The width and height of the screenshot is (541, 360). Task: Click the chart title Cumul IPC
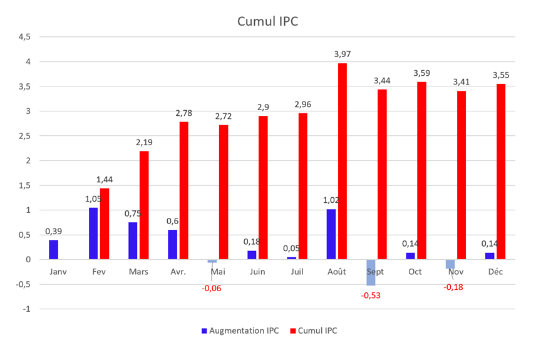(x=267, y=21)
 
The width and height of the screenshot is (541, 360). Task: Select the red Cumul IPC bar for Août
(x=343, y=161)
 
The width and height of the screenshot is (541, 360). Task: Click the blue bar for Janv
(x=53, y=249)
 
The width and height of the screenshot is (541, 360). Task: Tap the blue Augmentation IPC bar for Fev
(x=93, y=233)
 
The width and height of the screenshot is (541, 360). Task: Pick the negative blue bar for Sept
(x=371, y=272)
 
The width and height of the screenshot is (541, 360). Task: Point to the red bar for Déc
(x=501, y=172)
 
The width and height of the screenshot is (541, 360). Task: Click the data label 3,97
(x=343, y=54)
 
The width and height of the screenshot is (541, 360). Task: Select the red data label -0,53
(x=371, y=295)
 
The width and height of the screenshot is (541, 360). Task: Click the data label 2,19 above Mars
(x=144, y=142)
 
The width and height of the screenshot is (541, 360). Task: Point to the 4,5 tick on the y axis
(x=24, y=37)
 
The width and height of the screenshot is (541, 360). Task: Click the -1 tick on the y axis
(x=26, y=309)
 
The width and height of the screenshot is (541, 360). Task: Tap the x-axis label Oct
(x=415, y=272)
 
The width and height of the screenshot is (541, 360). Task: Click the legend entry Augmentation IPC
(x=244, y=330)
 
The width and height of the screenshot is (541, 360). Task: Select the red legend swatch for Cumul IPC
(x=292, y=330)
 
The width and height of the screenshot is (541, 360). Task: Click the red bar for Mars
(x=144, y=205)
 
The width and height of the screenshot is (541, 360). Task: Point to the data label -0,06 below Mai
(x=212, y=288)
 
